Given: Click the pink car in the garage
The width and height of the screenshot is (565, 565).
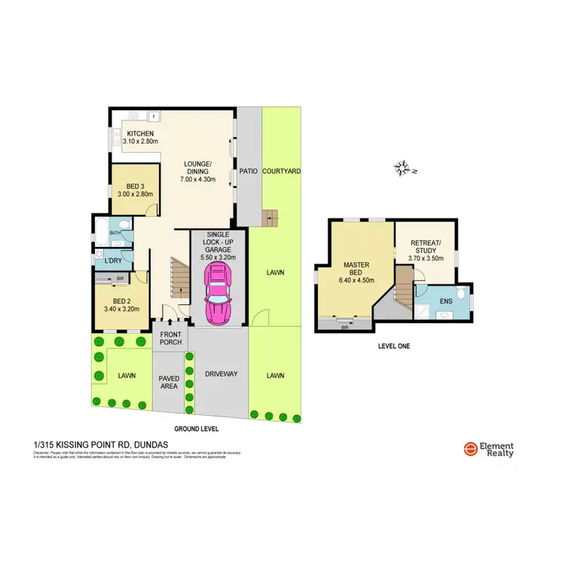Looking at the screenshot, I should point(218,294).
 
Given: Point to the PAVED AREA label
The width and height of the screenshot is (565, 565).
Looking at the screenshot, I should point(169,381).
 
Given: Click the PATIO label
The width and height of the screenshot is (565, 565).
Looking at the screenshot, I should point(249,171).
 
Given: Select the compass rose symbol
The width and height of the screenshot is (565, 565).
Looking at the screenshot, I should point(404,167).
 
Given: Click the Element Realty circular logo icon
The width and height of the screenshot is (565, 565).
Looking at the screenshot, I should point(470,449).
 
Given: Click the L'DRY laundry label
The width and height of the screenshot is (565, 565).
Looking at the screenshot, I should point(114,261).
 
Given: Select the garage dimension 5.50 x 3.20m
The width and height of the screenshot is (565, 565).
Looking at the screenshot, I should point(218,257).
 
